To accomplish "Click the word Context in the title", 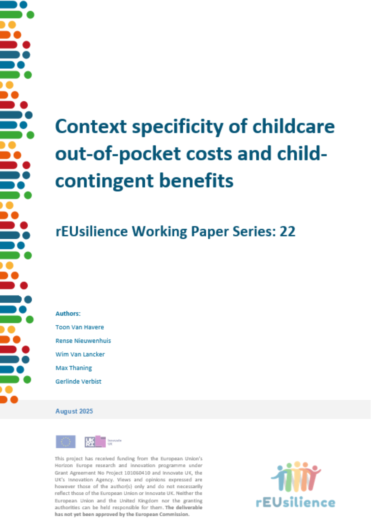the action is tap(91, 126).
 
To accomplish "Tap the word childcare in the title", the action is tap(294, 126).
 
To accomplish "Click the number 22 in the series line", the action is tap(288, 231).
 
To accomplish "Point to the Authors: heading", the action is tap(68, 314).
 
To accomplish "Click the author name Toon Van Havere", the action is tap(80, 327).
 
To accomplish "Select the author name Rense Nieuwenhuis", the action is tap(83, 341).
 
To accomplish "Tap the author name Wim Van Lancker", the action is tap(80, 354).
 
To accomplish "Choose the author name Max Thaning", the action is tap(74, 368).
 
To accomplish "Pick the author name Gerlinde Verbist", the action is tap(78, 381).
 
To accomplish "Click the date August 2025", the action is tap(74, 411).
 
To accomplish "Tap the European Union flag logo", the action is tap(66, 442).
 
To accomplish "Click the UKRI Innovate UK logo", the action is tap(103, 441).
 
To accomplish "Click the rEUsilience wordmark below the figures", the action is tap(295, 502).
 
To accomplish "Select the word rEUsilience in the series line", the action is tap(92, 231).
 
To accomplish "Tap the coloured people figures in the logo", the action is tap(296, 477).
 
